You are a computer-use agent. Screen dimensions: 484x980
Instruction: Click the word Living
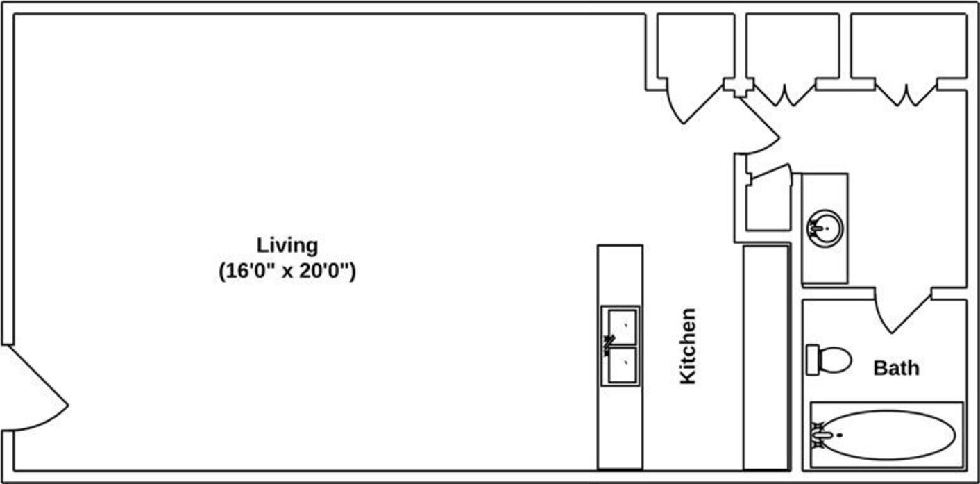point(287,246)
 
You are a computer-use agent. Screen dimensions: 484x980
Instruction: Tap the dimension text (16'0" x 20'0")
point(287,271)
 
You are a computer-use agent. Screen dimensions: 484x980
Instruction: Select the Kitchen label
point(687,346)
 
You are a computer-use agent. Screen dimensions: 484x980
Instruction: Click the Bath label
point(895,367)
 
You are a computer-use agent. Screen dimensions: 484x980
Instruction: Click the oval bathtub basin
point(892,435)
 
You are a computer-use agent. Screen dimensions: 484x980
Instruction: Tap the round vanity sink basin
point(825,227)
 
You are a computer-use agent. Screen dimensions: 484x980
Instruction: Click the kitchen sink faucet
point(609,342)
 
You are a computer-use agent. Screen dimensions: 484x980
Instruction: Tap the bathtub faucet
point(821,435)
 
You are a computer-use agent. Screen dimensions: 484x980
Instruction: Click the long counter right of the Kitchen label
point(766,357)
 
